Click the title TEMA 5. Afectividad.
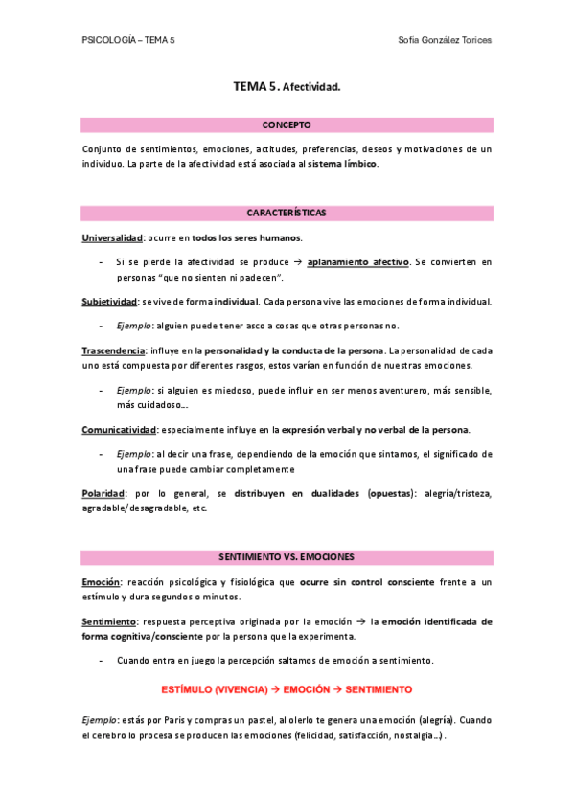coord(287,87)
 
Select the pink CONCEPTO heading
coord(287,124)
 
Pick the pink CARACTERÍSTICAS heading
coord(287,212)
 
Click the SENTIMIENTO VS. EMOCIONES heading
coord(287,556)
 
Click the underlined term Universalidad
coord(111,237)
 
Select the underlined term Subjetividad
coord(109,302)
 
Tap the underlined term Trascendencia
coord(113,351)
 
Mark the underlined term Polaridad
coord(103,493)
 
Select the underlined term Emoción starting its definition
coord(100,582)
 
